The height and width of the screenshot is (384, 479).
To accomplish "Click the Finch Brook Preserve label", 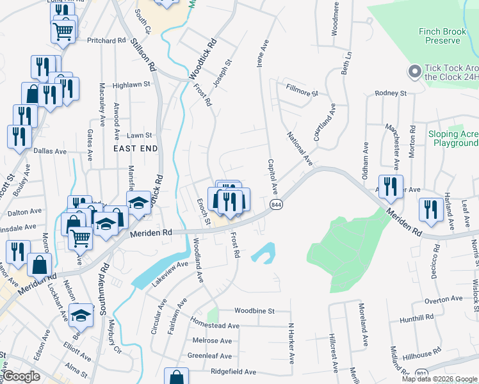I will (448, 36).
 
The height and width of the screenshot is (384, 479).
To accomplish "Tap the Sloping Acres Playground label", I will (453, 139).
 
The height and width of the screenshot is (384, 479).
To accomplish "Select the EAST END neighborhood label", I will (135, 148).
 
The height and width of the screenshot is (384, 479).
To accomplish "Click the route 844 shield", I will (276, 204).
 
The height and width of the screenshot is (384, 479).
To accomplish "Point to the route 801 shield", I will (421, 373).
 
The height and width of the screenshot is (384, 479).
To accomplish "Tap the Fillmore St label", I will (302, 93).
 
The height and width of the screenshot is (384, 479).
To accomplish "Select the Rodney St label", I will (391, 93).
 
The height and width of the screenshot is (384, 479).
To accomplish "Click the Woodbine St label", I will (254, 311).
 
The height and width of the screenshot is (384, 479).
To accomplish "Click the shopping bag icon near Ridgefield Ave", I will (177, 377).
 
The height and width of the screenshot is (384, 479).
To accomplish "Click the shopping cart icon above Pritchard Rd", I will (63, 30).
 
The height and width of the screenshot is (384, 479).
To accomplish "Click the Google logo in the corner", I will (22, 376).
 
